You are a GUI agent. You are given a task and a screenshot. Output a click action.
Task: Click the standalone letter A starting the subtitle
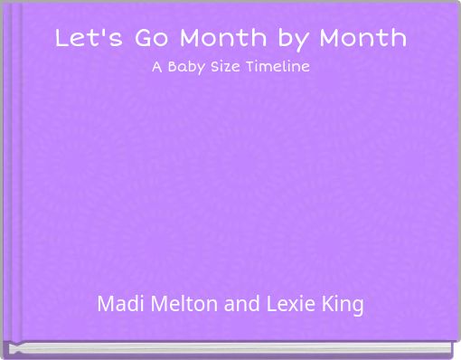(x=155, y=67)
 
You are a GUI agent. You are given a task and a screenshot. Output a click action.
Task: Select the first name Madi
(x=118, y=304)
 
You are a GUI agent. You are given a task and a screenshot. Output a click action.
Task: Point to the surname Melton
(x=182, y=304)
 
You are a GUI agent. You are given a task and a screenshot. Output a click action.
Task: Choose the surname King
(x=343, y=305)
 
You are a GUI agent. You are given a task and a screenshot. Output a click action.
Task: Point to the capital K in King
(x=328, y=304)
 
